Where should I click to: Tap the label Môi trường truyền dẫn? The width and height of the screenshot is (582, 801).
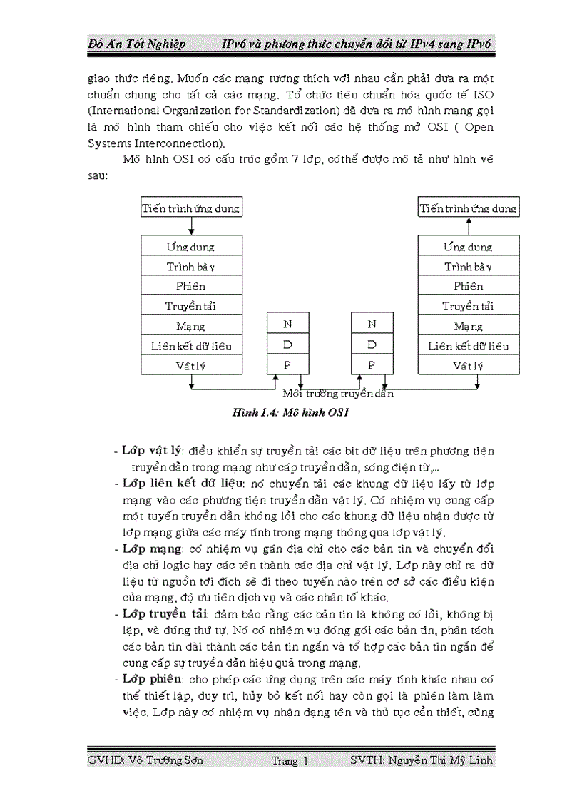tap(338, 393)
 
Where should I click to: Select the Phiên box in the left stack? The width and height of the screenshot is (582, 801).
tap(190, 286)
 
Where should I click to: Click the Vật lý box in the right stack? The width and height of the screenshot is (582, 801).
tap(468, 366)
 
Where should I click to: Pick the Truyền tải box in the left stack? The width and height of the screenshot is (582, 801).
tap(190, 306)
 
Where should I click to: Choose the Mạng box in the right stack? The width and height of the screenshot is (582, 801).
tap(468, 326)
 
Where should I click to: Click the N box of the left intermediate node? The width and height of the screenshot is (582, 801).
tap(287, 324)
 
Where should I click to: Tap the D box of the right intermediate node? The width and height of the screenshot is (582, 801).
tap(372, 344)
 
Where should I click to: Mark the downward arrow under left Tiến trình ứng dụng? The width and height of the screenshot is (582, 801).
tap(190, 226)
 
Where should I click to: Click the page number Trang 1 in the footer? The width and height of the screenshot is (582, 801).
tap(290, 761)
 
